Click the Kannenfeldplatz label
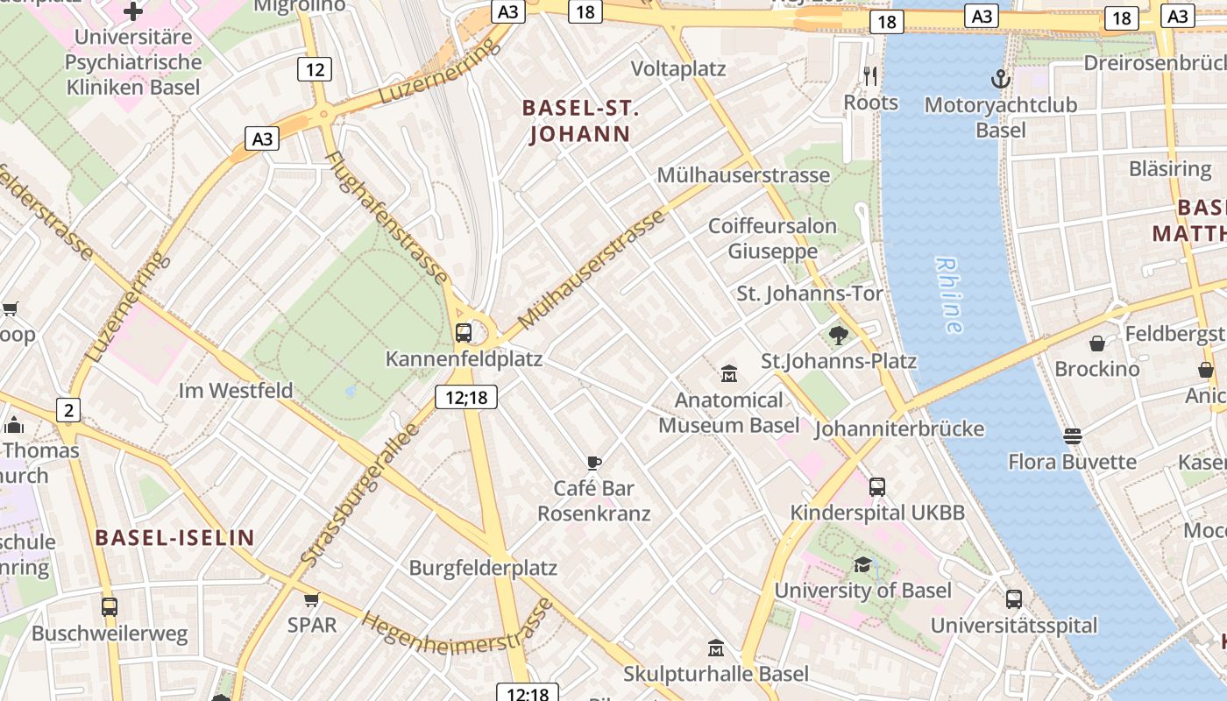pyautogui.click(x=464, y=358)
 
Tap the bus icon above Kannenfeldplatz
pyautogui.click(x=464, y=333)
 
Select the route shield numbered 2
pyautogui.click(x=68, y=409)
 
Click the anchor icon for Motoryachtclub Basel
pyautogui.click(x=1000, y=80)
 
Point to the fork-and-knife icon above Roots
pyautogui.click(x=870, y=76)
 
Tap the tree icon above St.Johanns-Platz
pyautogui.click(x=838, y=335)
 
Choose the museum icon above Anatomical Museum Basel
pyautogui.click(x=728, y=374)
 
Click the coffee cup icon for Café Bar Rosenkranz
pyautogui.click(x=594, y=463)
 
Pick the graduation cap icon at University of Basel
pyautogui.click(x=862, y=564)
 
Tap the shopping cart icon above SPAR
pyautogui.click(x=311, y=600)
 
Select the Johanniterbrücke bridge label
pyautogui.click(x=899, y=428)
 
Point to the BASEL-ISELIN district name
pyautogui.click(x=174, y=538)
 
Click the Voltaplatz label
pyautogui.click(x=678, y=68)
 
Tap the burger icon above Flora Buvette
pyautogui.click(x=1072, y=435)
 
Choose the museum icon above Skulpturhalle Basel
pyautogui.click(x=716, y=648)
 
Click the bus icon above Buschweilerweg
pyautogui.click(x=110, y=606)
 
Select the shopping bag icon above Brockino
pyautogui.click(x=1096, y=343)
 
